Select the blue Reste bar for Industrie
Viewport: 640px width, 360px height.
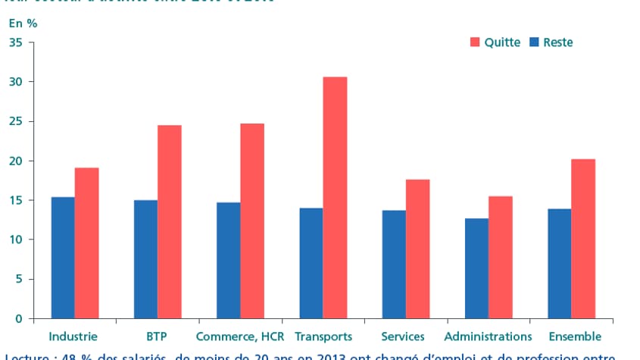(x=63, y=258)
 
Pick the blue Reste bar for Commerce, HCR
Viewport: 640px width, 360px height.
(x=229, y=260)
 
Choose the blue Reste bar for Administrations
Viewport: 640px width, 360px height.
(x=476, y=268)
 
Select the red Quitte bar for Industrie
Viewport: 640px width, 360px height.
(x=86, y=243)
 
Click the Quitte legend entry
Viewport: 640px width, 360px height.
(x=496, y=42)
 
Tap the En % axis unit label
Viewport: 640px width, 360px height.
(x=23, y=23)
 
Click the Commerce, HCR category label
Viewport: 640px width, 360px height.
(x=240, y=337)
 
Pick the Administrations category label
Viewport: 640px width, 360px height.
(x=488, y=337)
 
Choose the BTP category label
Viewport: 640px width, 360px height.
(x=157, y=337)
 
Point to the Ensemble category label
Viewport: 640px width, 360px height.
(x=574, y=337)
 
